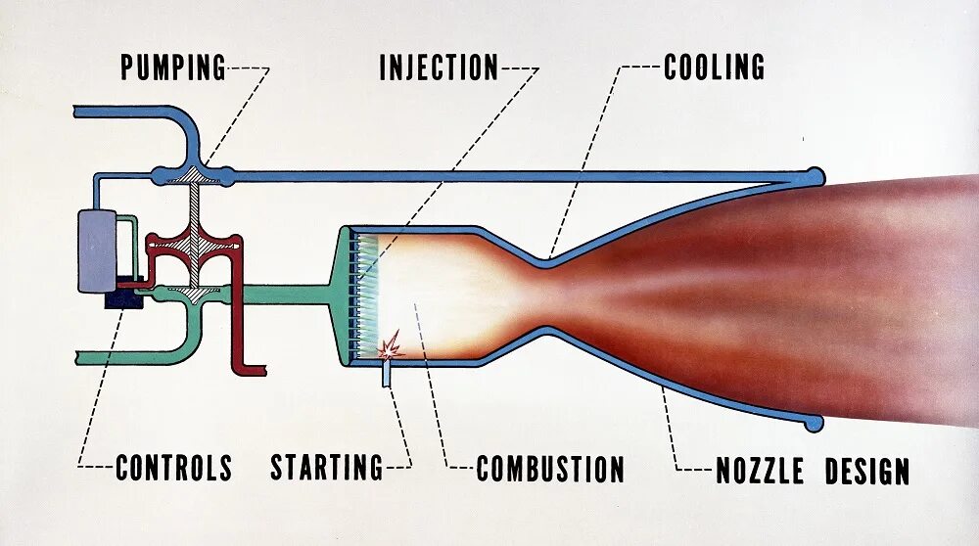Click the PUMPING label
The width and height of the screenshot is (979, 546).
coord(173,68)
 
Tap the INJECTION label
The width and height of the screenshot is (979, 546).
coord(439,68)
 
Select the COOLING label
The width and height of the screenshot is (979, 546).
coord(714,68)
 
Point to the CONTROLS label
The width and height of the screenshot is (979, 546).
coord(173,468)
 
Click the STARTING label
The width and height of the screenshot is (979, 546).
coord(327,468)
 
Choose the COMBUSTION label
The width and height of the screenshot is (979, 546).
coord(550,469)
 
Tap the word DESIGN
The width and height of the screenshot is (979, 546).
coord(866,471)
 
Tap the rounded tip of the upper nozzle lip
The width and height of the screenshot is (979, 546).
coord(813,175)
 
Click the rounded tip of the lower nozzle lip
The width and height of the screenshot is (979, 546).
coord(813,423)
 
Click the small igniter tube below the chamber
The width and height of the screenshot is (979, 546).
coord(387,373)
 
